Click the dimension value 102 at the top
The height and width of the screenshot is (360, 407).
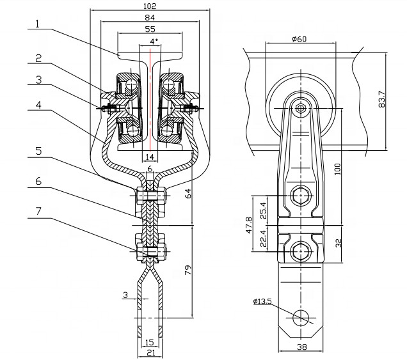150,5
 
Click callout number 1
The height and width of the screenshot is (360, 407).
38,24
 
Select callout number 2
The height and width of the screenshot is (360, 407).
38,58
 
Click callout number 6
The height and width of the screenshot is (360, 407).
38,182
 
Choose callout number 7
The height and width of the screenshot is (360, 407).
38,210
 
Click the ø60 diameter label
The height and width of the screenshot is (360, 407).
298,39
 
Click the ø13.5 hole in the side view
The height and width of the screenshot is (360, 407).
301,317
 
